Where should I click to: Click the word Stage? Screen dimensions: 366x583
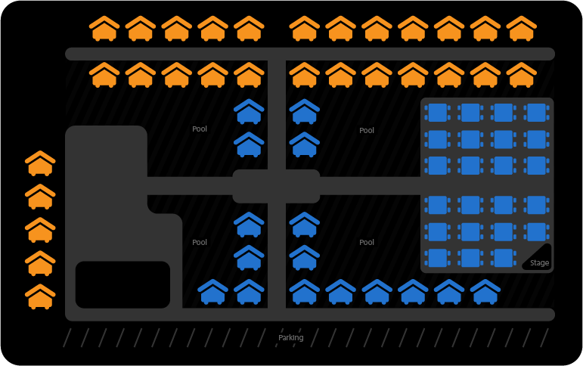[x=539, y=263]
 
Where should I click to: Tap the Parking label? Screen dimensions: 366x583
[x=290, y=337]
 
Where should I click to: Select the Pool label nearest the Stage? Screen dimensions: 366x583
[x=367, y=242]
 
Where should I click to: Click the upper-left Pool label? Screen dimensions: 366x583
[x=200, y=129]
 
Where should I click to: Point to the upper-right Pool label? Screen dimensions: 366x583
[x=367, y=130]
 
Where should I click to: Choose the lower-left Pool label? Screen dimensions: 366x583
[x=200, y=242]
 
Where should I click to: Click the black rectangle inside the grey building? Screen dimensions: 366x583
[x=122, y=284]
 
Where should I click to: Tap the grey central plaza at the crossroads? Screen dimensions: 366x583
[x=275, y=186]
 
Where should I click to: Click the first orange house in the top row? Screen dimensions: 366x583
[x=104, y=29]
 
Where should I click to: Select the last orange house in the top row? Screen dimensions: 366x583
[x=521, y=29]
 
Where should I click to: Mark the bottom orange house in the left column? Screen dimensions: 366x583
[x=40, y=296]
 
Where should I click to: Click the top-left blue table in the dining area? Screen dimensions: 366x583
[x=437, y=113]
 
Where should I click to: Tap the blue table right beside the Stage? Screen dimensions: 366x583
[x=504, y=257]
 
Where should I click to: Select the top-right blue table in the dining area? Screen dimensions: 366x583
[x=536, y=113]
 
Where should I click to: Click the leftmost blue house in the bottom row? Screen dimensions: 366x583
[x=212, y=292]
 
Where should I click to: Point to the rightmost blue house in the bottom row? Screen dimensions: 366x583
[x=485, y=292]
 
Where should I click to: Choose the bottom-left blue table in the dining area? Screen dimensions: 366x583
[x=437, y=257]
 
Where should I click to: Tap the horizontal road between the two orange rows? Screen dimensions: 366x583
[x=310, y=54]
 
